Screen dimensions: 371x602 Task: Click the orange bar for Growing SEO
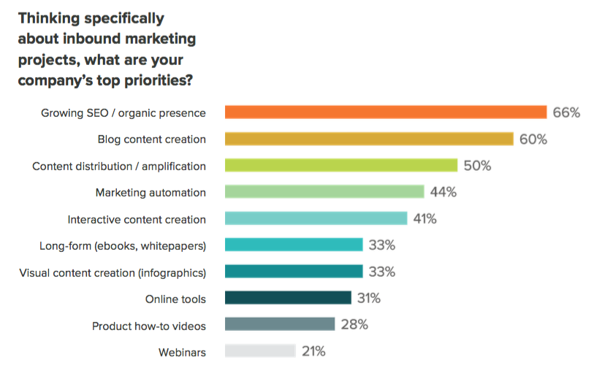(x=386, y=112)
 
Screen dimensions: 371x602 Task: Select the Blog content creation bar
(x=369, y=139)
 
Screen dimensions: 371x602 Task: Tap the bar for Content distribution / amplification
(x=341, y=166)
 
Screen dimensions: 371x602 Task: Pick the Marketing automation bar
(x=324, y=192)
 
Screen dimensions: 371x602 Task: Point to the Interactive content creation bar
(x=316, y=218)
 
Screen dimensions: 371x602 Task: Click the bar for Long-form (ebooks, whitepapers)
(x=294, y=245)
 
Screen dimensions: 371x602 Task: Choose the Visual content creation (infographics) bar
(x=294, y=272)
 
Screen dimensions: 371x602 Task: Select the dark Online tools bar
(x=288, y=298)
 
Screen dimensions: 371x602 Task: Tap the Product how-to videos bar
(x=280, y=325)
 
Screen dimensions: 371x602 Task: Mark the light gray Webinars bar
(x=260, y=351)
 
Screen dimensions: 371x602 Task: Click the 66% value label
(x=566, y=112)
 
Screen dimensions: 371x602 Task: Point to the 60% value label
(x=533, y=139)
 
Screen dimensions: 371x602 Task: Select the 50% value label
(x=477, y=166)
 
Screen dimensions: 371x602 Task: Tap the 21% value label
(x=313, y=351)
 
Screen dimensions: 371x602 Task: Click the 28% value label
(x=354, y=325)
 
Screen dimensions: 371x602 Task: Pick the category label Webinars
(x=182, y=352)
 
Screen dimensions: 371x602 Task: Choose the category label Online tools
(x=175, y=299)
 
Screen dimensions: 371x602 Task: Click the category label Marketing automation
(x=150, y=193)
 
